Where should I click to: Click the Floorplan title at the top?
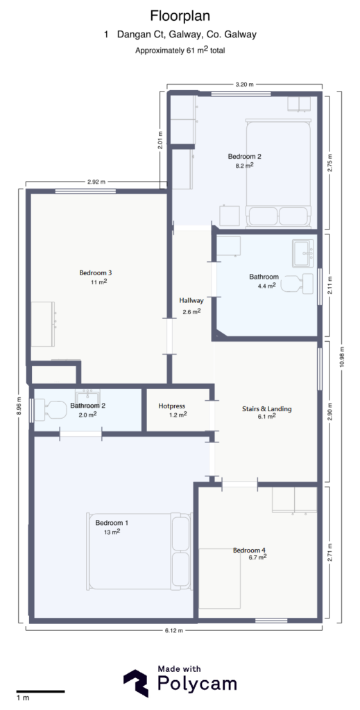tap(180, 15)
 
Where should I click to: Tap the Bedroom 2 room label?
tap(244, 157)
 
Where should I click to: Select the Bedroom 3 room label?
tap(96, 272)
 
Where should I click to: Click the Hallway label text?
tap(191, 300)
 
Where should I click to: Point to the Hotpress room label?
tap(170, 406)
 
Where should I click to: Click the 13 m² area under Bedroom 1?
tap(112, 532)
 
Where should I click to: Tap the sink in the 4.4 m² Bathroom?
tap(303, 252)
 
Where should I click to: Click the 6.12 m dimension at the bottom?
tap(175, 631)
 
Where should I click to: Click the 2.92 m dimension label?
tap(96, 182)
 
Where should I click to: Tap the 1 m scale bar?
tap(40, 691)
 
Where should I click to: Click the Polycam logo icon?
tap(136, 682)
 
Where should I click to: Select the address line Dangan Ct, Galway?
tap(180, 34)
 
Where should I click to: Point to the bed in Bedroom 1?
tap(139, 551)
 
